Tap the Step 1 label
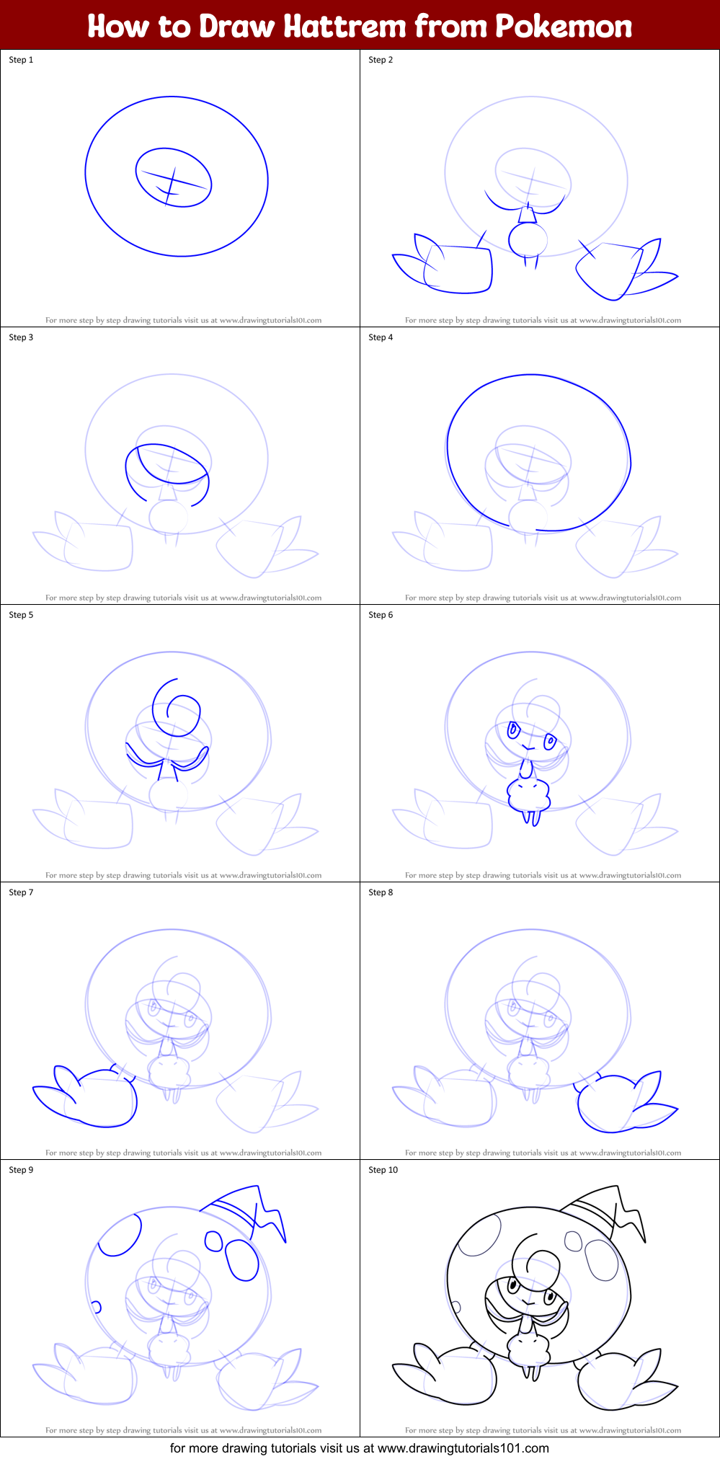coord(21,60)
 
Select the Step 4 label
coord(381,337)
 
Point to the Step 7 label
coord(21,892)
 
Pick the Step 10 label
coord(383,1170)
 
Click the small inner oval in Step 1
coord(174,177)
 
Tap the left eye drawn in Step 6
coord(514,730)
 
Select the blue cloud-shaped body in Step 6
coord(529,794)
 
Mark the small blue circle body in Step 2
coord(528,239)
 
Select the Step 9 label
coord(21,1170)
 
